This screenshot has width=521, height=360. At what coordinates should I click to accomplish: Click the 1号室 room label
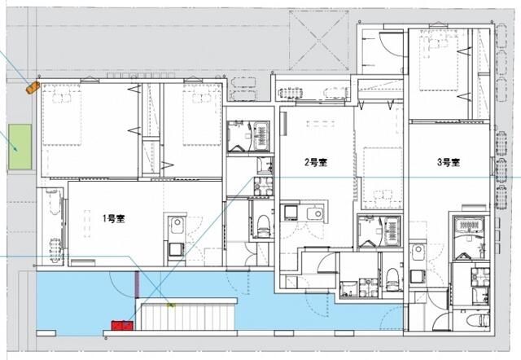pyautogui.click(x=113, y=218)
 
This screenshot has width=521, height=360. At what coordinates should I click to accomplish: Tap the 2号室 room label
pyautogui.click(x=316, y=163)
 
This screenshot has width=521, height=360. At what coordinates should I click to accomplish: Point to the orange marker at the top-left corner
pyautogui.click(x=33, y=85)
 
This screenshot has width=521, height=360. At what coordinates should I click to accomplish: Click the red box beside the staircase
pyautogui.click(x=121, y=325)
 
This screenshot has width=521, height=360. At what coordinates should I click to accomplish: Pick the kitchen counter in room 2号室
pyautogui.click(x=302, y=213)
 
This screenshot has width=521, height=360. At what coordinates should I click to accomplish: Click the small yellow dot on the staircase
pyautogui.click(x=171, y=305)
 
